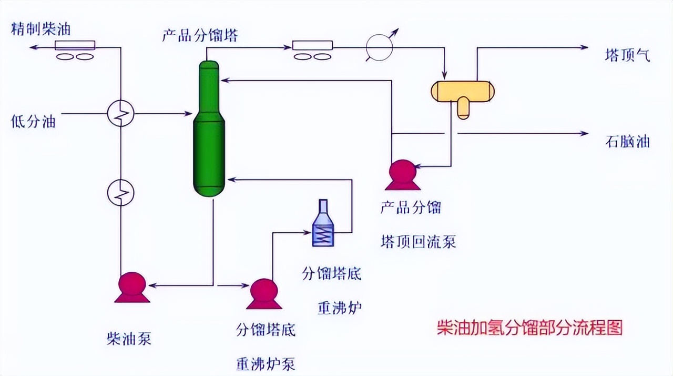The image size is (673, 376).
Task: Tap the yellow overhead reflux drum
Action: coord(462,90)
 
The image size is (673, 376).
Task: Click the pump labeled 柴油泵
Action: coord(132,288)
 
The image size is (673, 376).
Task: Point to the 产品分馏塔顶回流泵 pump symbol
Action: coord(402,175)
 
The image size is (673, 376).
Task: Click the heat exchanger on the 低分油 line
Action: coord(121,113)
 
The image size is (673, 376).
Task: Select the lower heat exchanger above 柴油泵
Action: coord(121,193)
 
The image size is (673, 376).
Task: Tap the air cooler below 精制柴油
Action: coord(75,50)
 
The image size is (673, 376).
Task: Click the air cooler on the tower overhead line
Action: coord(312,50)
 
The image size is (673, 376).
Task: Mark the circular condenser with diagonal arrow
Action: coord(380,47)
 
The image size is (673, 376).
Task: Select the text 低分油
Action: coord(33,122)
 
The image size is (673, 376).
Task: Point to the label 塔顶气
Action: coord(627,55)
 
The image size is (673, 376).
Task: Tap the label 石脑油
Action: coord(627,142)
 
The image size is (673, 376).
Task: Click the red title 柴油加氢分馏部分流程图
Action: coord(529,328)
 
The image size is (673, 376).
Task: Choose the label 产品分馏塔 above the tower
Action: coord(200,36)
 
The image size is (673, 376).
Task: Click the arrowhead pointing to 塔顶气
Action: coord(584,47)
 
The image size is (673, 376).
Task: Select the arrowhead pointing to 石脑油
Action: coord(584,134)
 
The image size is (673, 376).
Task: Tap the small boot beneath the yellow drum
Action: coord(463,109)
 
